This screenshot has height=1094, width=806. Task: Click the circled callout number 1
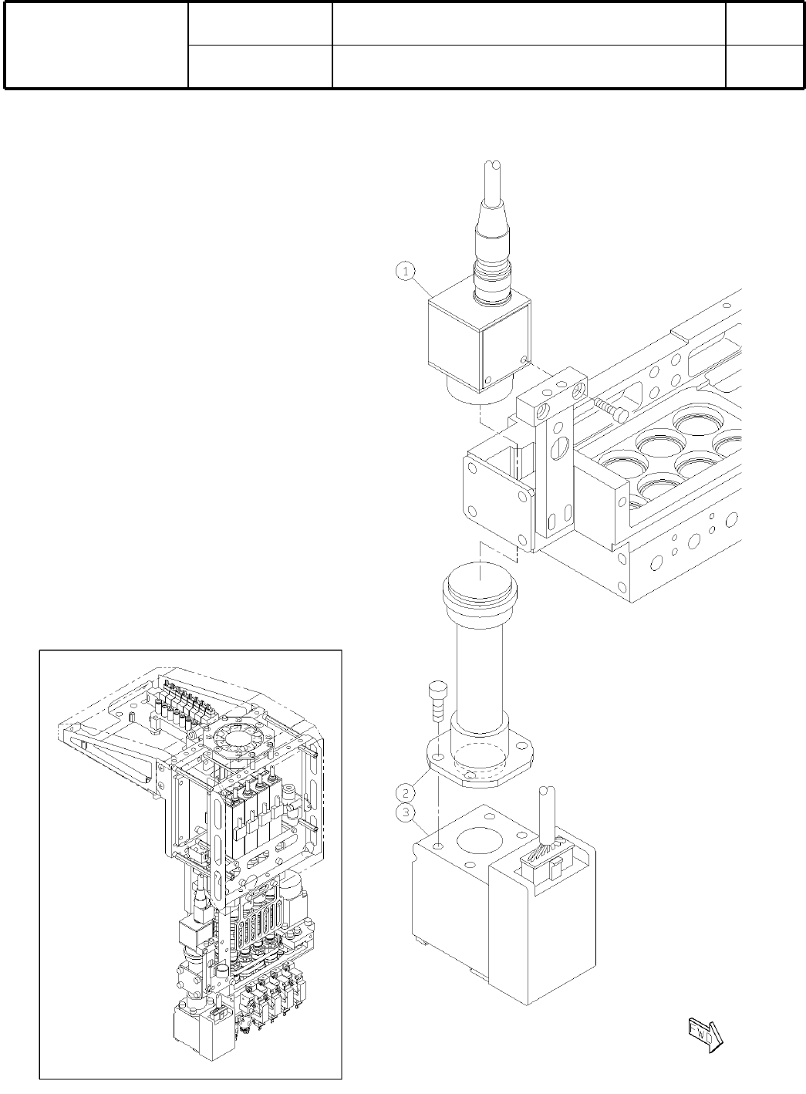pyautogui.click(x=406, y=271)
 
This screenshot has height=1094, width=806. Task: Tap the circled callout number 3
pyautogui.click(x=405, y=812)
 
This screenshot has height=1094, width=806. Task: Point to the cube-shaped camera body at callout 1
pyautogui.click(x=480, y=343)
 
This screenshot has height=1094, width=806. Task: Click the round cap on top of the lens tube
pyautogui.click(x=480, y=588)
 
